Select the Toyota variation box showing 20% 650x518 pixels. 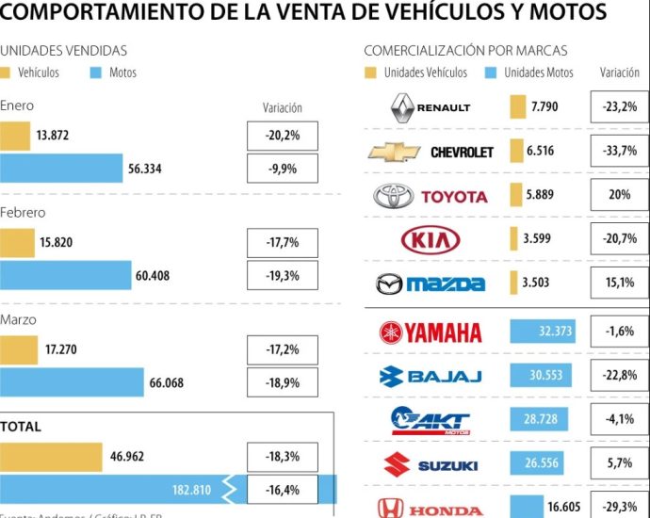(619, 195)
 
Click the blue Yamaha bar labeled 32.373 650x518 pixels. (544, 332)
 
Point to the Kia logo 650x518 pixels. (431, 239)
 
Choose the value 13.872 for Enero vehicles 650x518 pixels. (53, 136)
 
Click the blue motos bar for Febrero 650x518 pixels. (65, 276)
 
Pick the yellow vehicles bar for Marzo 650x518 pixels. (18, 349)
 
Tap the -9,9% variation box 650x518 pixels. (283, 169)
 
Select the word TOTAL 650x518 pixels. (21, 427)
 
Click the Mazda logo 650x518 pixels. (431, 283)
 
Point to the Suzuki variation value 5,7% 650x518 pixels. (619, 464)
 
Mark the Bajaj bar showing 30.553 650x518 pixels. (542, 375)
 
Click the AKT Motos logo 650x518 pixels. (431, 419)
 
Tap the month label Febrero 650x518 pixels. (24, 213)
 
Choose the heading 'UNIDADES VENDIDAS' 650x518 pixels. (63, 51)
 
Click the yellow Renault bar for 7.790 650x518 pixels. (517, 107)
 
